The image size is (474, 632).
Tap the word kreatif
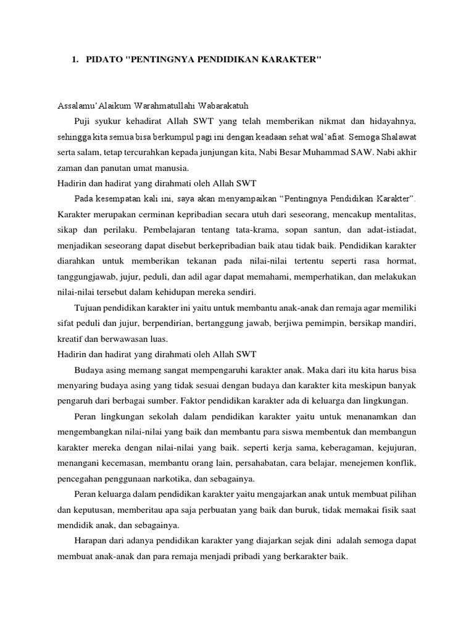[71, 339]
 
